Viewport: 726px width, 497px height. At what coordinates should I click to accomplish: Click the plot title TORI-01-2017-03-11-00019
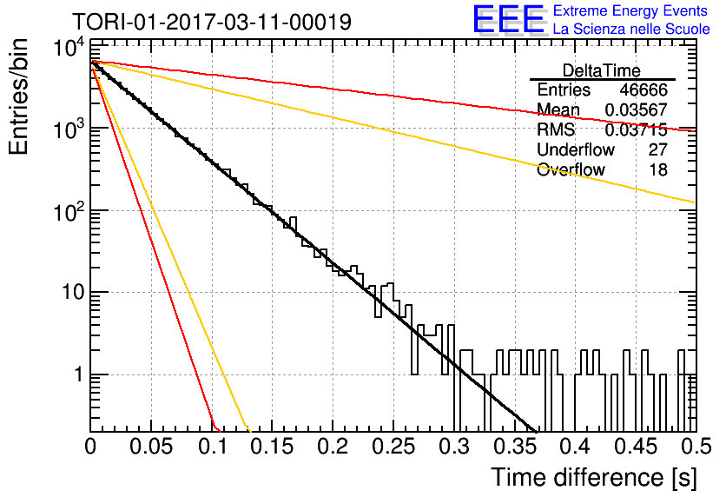tap(212, 22)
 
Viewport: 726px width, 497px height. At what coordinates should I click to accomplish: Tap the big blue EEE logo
tap(509, 19)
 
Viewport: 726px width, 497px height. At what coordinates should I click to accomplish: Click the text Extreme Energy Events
tap(630, 10)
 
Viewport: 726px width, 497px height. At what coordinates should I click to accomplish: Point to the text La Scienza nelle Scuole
tap(631, 29)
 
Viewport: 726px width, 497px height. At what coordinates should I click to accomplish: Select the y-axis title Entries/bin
tap(18, 96)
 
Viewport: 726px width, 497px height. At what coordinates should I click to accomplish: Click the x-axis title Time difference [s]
tap(594, 477)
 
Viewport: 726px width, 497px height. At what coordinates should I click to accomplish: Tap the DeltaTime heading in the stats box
tap(602, 70)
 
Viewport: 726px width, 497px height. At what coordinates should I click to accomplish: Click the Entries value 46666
tap(643, 89)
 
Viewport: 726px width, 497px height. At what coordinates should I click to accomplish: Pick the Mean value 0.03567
tap(637, 109)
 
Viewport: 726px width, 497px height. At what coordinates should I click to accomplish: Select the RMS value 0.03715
tap(637, 129)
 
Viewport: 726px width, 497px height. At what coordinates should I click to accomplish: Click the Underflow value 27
tap(658, 149)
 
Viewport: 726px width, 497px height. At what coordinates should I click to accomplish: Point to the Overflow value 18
tap(658, 169)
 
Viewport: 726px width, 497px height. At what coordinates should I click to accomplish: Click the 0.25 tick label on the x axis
tap(394, 447)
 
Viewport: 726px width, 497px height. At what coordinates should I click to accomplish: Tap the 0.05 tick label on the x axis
tap(151, 447)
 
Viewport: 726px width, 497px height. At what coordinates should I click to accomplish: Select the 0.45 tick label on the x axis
tap(637, 447)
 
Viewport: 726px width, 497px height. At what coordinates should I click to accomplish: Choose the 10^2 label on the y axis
tap(69, 211)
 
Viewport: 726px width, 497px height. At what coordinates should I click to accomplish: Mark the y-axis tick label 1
tap(79, 374)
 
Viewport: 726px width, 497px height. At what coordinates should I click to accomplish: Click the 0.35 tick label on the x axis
tap(515, 447)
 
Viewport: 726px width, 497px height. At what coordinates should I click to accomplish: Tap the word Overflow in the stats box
tap(571, 169)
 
